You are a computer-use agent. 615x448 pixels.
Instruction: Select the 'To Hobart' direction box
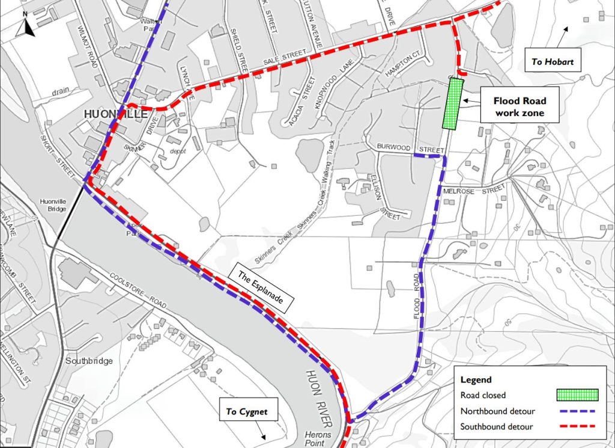pyautogui.click(x=552, y=61)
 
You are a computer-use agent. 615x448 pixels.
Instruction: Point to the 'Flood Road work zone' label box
pyautogui.click(x=519, y=107)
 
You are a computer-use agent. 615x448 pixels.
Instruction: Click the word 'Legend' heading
pyautogui.click(x=476, y=380)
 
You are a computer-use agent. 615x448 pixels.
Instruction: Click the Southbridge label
pyautogui.click(x=88, y=361)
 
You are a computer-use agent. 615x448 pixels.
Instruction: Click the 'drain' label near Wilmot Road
pyautogui.click(x=59, y=91)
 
